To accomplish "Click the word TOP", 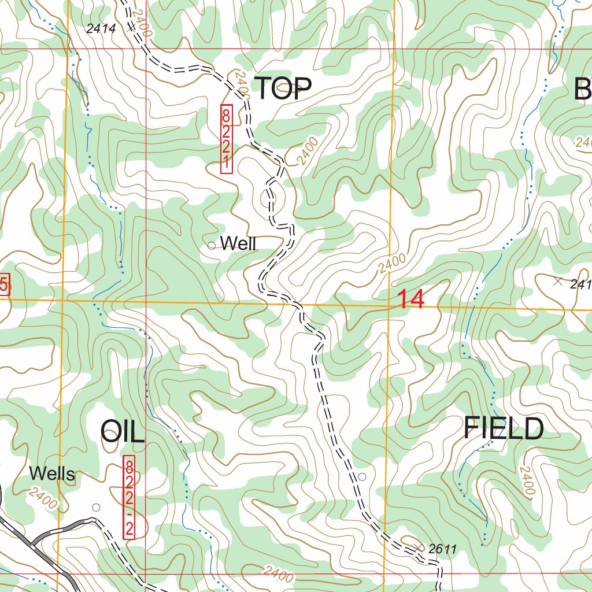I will [283, 88].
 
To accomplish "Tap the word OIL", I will [123, 431].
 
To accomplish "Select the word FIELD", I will [504, 429].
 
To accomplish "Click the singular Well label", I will [238, 243].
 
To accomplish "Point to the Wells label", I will [52, 475].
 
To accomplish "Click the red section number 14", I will [411, 300].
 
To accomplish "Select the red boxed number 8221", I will [227, 138].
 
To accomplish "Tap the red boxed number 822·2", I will [129, 498].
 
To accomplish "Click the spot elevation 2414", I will [101, 28].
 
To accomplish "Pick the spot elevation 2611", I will [443, 549].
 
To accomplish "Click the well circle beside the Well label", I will [211, 245].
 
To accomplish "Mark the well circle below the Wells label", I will [96, 507].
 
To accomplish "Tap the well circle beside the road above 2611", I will [362, 476].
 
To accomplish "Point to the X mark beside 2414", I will [131, 26].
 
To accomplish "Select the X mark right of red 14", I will [557, 282].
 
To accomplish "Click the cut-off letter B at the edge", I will [583, 90].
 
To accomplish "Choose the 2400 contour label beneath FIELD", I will [526, 482].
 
